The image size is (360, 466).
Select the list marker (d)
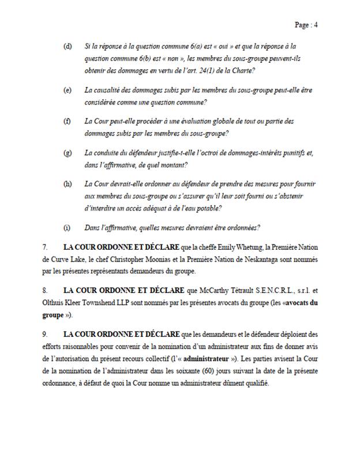(67, 46)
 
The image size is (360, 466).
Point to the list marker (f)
(67, 122)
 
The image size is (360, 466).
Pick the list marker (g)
(67, 153)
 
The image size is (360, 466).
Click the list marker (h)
(67, 185)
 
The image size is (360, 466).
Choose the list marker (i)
(67, 226)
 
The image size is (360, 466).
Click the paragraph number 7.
(44, 246)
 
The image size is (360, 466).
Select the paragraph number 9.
(44, 334)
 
